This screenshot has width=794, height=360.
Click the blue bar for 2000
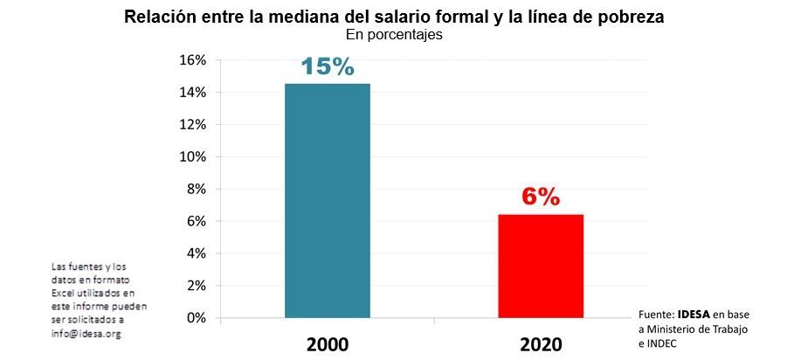click(x=328, y=200)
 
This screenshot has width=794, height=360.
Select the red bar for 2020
click(x=541, y=266)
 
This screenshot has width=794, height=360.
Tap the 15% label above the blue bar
click(x=328, y=66)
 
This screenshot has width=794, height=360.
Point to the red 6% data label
click(x=541, y=197)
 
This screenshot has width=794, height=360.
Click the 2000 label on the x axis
click(x=328, y=343)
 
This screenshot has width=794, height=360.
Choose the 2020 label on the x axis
click(x=541, y=343)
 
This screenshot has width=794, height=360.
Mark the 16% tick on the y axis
click(x=193, y=60)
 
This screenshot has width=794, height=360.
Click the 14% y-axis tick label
click(x=193, y=93)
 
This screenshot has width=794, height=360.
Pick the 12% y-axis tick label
click(x=193, y=125)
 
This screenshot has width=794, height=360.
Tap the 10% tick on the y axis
click(x=193, y=157)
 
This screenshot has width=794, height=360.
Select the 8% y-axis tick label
click(x=197, y=189)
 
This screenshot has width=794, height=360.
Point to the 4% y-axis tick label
click(x=197, y=253)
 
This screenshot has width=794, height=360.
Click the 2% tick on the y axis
click(x=197, y=286)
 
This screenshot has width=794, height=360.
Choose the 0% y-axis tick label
click(x=197, y=318)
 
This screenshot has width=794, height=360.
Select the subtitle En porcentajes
click(x=394, y=36)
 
